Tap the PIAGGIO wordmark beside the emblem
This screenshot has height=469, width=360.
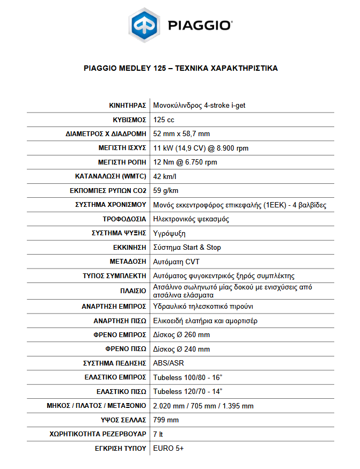point(200,26)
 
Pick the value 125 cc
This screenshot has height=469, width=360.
point(164,120)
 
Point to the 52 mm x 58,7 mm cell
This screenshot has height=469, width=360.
point(181,133)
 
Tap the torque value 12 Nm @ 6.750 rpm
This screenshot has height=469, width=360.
point(185,162)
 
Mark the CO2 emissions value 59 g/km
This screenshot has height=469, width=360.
point(166,190)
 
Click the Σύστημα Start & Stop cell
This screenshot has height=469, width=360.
point(187,248)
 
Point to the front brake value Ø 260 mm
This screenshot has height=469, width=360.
point(181,334)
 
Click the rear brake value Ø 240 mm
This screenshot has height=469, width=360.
point(181,349)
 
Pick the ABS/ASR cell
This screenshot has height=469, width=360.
point(168,363)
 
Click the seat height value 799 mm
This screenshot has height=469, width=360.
point(166,420)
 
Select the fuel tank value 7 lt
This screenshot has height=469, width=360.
point(158,434)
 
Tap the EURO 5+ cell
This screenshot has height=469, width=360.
point(168,448)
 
